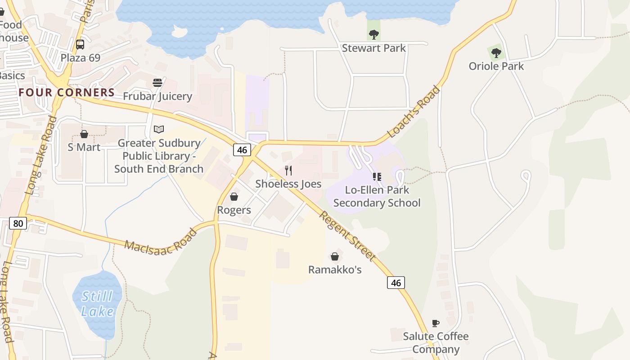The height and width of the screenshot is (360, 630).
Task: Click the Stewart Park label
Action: click(373, 48)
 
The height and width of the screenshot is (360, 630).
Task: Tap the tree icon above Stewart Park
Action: click(373, 34)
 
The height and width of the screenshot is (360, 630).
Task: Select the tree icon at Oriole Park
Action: click(496, 53)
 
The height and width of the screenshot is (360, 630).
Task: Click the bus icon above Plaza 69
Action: click(80, 45)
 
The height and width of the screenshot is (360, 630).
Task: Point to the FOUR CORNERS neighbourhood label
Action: click(67, 93)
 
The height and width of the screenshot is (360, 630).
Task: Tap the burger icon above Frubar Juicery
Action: click(157, 83)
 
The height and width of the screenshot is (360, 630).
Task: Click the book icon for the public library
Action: click(159, 130)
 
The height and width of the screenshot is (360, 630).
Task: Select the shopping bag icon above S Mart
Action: click(84, 134)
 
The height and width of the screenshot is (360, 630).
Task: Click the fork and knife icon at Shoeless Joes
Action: click(288, 171)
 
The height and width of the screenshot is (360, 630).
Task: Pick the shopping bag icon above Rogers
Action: click(234, 197)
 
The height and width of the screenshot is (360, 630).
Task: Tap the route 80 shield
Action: click(18, 223)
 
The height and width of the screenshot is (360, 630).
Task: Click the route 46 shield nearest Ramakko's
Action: click(396, 283)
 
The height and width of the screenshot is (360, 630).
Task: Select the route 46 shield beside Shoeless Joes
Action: click(242, 150)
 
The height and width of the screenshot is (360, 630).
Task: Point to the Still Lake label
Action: click(98, 304)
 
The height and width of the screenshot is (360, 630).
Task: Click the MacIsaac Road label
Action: click(161, 240)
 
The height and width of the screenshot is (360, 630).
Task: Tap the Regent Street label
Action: click(347, 235)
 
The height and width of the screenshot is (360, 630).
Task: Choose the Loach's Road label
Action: click(414, 111)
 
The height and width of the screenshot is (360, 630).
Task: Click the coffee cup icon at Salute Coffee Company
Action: click(435, 323)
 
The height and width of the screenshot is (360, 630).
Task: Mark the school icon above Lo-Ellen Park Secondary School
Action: click(377, 177)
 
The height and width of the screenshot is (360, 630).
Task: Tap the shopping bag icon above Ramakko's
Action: click(335, 256)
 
